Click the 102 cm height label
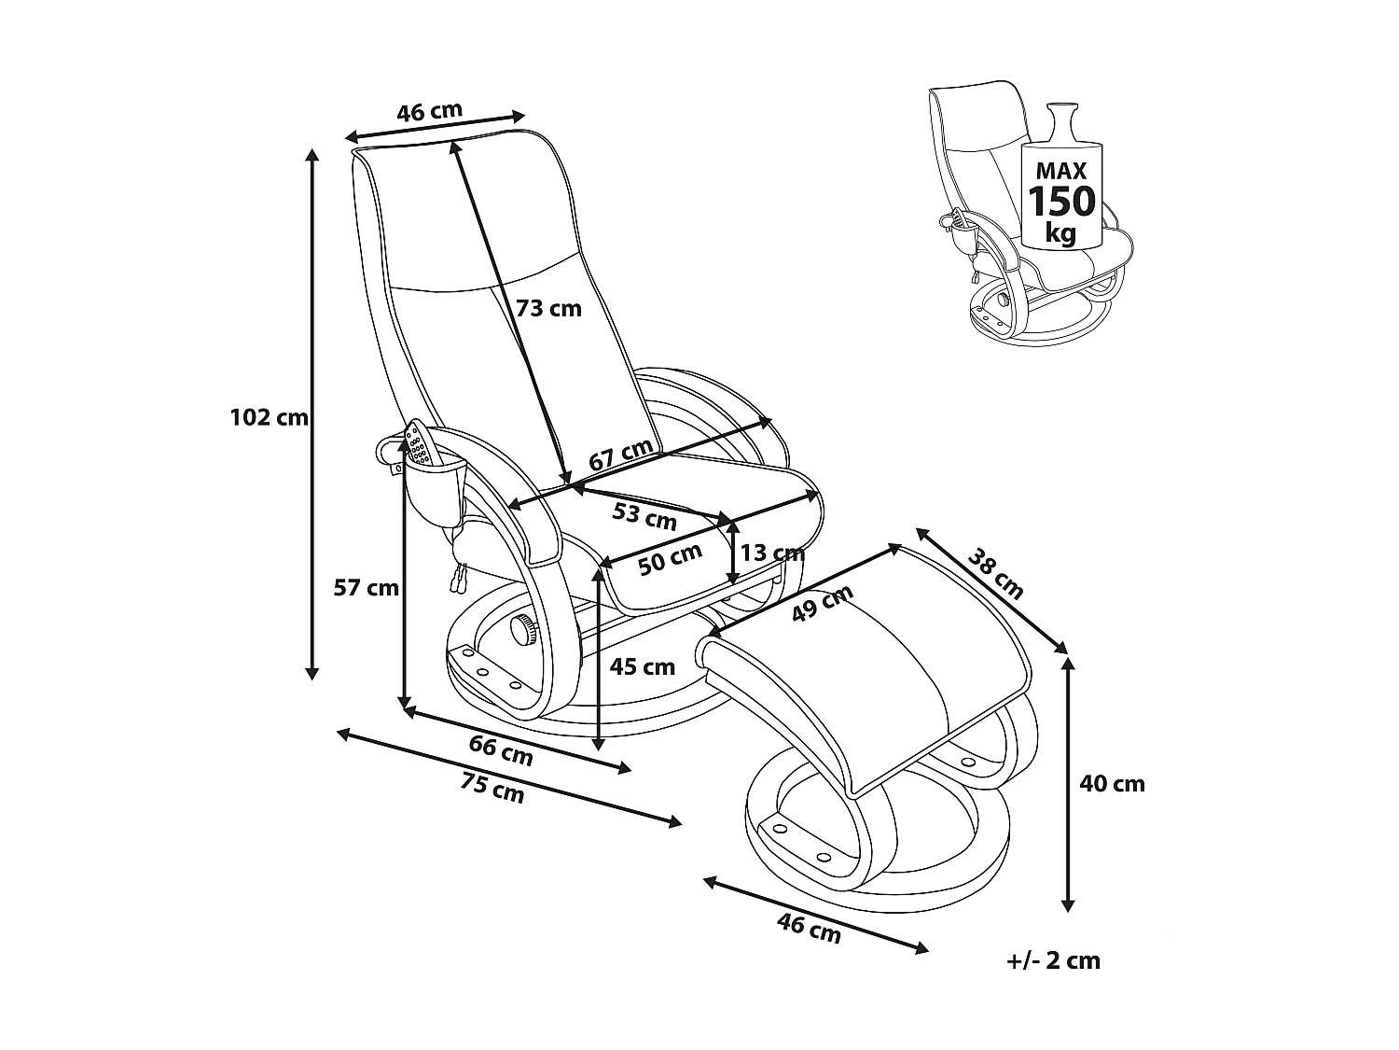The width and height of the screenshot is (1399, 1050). point(269,417)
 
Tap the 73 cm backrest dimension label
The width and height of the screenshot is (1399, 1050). point(549,308)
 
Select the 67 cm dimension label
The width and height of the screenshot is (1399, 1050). point(621,454)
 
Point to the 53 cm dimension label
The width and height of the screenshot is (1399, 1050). point(644,513)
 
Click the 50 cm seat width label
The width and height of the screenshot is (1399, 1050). point(670,558)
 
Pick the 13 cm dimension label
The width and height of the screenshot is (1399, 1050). point(770,553)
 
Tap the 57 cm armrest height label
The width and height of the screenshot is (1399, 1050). point(367,587)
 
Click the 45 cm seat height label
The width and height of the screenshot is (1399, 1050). point(642,666)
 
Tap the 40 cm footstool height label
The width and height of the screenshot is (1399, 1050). point(1112,783)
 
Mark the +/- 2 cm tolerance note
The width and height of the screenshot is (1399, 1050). point(1055,960)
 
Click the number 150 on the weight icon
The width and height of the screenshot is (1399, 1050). point(1060,201)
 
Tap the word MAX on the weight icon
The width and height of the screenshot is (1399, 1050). point(1060,171)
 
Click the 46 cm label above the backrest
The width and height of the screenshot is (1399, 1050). point(429,111)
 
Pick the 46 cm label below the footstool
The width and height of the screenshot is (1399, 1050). point(809,928)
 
